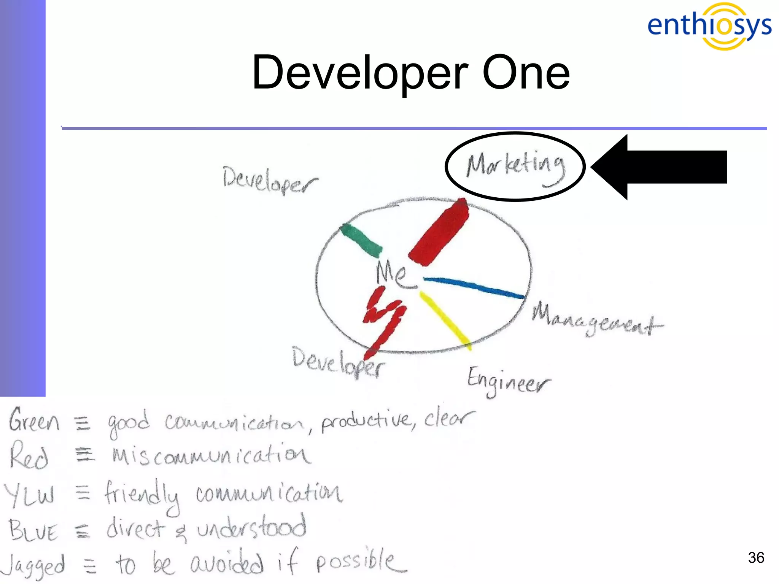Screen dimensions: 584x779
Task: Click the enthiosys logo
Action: (709, 26)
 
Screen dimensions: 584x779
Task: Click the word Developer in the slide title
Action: (359, 73)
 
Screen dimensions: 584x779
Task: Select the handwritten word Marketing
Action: (516, 167)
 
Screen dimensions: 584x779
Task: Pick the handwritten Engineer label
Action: (508, 381)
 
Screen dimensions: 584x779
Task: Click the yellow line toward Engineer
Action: (445, 320)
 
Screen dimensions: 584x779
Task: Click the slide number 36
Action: (756, 557)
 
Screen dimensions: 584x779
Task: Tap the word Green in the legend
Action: (34, 421)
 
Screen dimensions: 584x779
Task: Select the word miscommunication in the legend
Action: (211, 455)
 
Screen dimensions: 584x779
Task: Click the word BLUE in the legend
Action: (33, 530)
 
